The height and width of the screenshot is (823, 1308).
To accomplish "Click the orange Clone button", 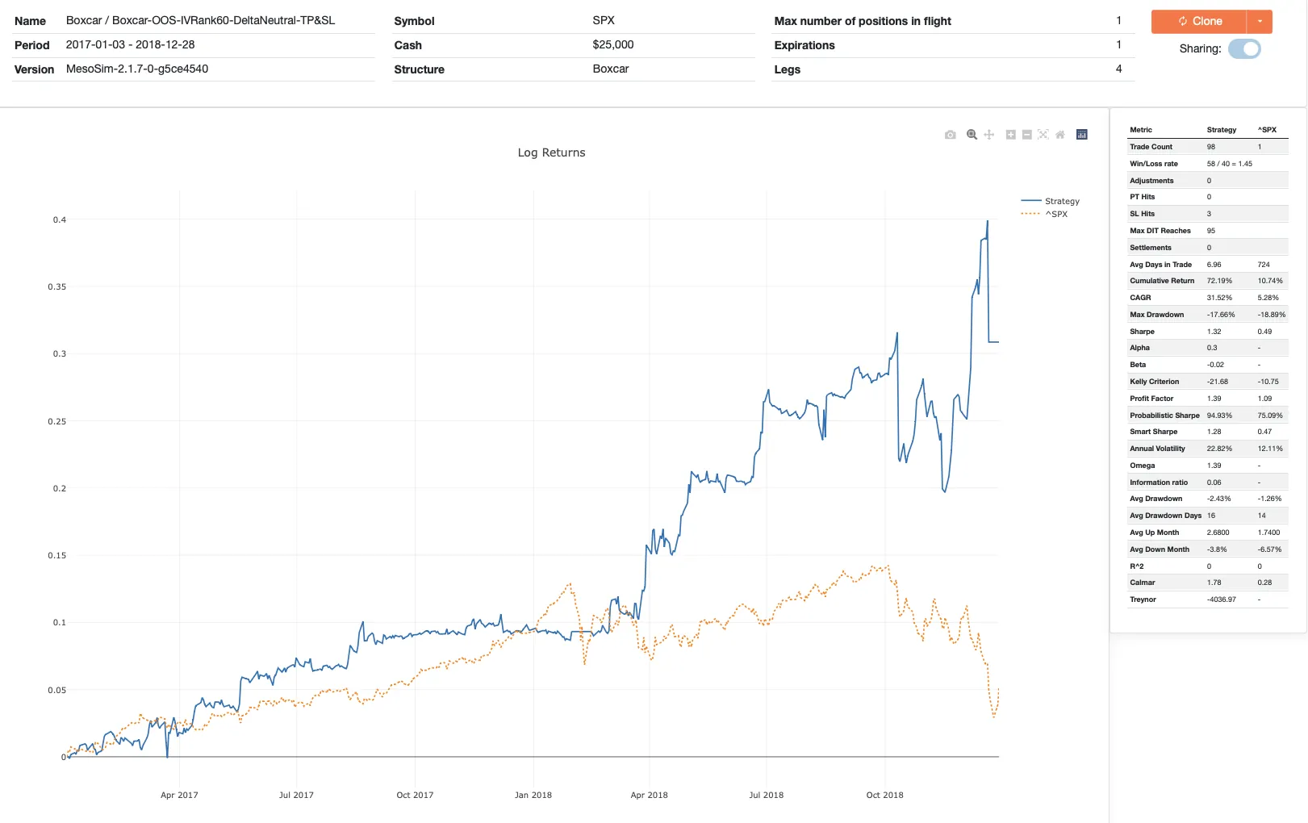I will [1199, 21].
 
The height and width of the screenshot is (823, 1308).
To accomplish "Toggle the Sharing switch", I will [1244, 49].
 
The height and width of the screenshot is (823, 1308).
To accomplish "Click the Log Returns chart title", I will [551, 152].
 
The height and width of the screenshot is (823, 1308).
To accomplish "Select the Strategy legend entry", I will [1061, 201].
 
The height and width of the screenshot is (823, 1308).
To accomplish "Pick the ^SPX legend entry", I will [1055, 214].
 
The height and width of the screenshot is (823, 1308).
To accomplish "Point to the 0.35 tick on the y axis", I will [57, 287].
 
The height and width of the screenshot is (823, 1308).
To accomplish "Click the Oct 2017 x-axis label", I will [415, 795].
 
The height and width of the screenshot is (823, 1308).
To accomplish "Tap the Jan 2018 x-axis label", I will [533, 795].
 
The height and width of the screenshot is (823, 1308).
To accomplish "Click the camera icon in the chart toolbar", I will [951, 135].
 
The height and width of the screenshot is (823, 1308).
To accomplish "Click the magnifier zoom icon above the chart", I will [972, 135].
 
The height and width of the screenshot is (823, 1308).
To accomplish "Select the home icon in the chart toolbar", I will [1060, 135].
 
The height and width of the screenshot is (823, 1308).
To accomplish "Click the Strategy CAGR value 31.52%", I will [1219, 298].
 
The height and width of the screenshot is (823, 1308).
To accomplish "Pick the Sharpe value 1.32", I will [1214, 332].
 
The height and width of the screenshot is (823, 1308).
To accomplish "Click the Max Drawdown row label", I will [1156, 315].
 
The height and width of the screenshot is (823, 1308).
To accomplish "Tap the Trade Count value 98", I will [1211, 147].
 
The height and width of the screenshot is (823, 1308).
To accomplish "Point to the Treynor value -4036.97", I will [1221, 599].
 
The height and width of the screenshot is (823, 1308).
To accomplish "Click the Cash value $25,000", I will [612, 45].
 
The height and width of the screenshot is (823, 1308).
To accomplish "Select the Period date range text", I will [130, 45].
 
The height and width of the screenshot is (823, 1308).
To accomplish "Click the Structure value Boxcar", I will [610, 69].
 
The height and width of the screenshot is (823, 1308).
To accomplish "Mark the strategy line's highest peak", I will [987, 221].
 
